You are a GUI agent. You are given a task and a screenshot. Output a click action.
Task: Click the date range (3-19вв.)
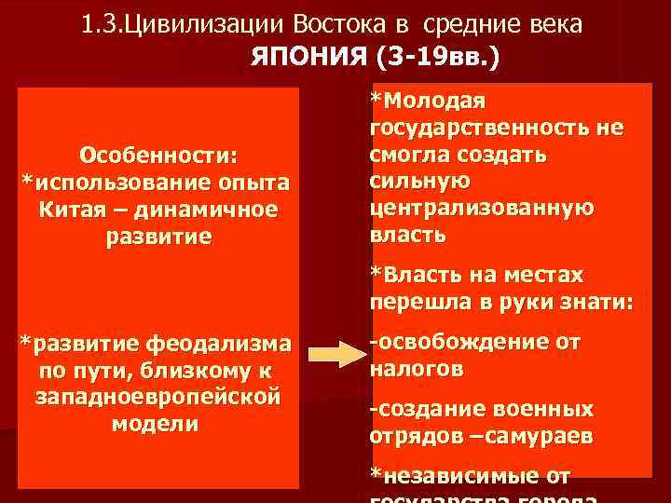437,58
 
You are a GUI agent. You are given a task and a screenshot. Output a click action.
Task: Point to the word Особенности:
158,152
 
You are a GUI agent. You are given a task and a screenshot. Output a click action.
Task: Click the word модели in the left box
154,424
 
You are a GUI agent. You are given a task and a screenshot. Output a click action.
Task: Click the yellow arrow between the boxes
335,355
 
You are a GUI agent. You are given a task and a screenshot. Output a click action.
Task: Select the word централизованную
481,206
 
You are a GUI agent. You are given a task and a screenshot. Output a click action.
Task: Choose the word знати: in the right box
595,302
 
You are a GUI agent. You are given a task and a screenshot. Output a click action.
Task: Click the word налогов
416,368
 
